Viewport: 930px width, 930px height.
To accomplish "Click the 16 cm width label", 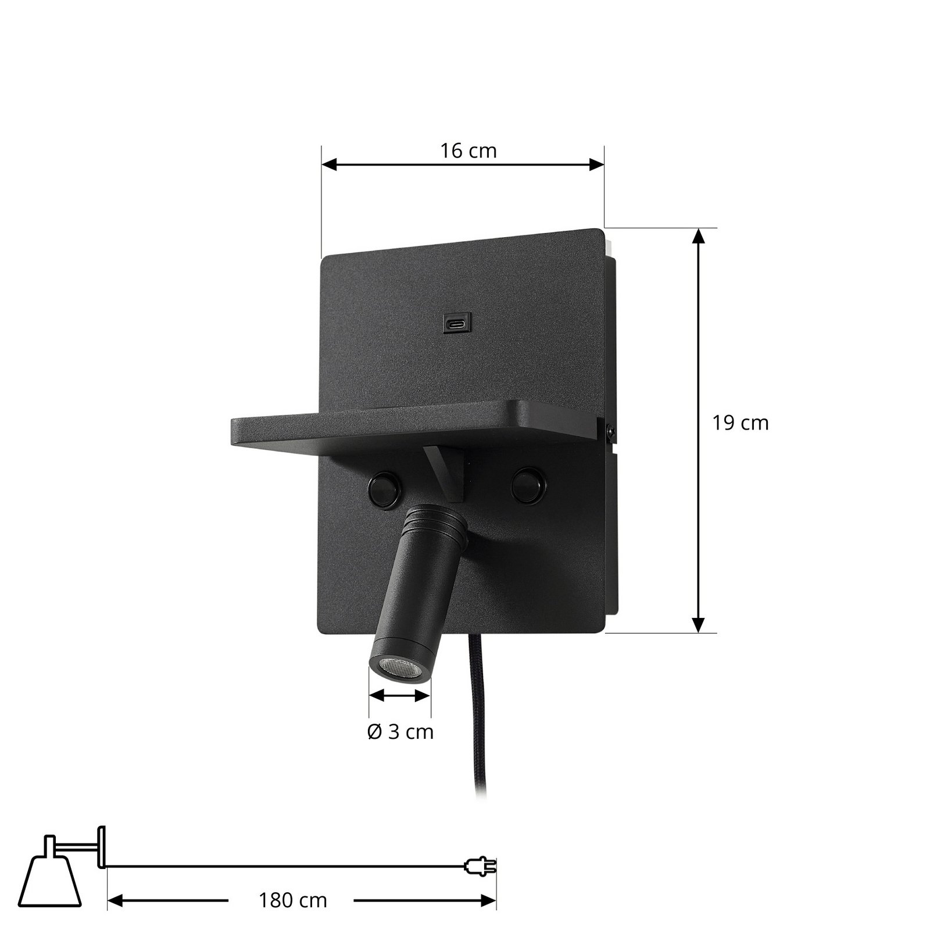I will (468, 151).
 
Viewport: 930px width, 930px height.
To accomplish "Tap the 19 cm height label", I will (741, 423).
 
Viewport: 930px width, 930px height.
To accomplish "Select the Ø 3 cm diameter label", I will (401, 731).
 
